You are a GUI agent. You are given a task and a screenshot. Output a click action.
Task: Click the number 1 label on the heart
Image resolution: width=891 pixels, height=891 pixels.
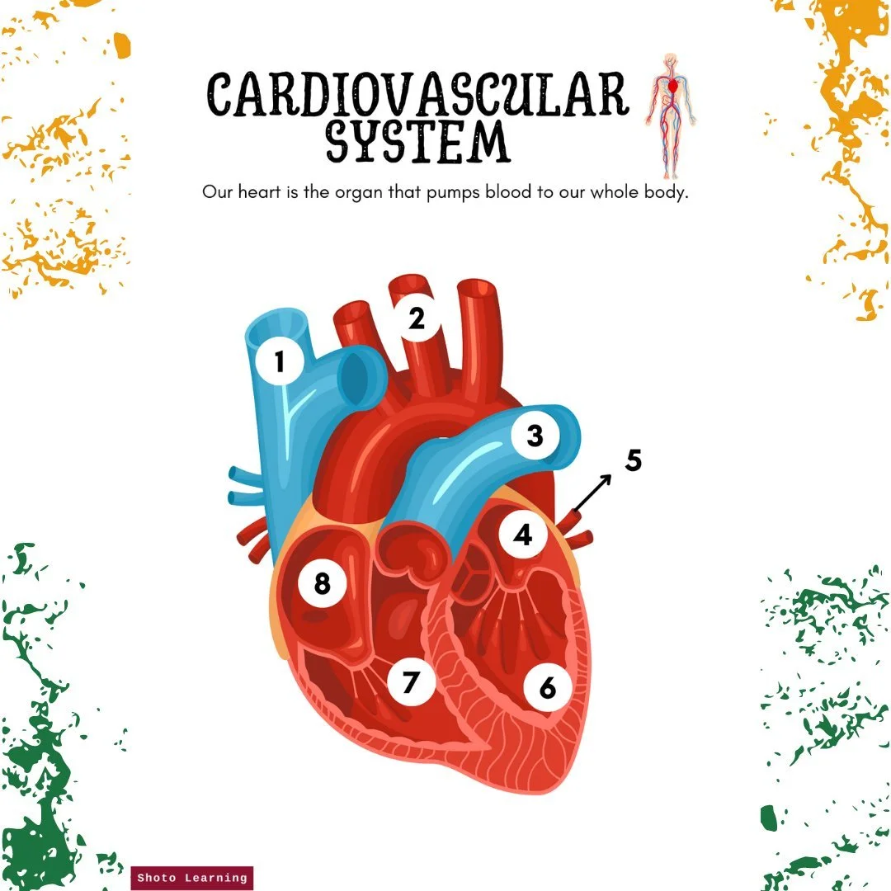(x=279, y=361)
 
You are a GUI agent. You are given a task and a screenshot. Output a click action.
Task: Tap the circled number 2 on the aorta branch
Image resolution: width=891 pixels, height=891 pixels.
(x=417, y=318)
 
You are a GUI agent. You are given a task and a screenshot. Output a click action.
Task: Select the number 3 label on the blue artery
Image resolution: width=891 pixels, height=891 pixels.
(x=535, y=436)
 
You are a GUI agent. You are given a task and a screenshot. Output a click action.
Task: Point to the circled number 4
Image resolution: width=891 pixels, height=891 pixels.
(x=523, y=535)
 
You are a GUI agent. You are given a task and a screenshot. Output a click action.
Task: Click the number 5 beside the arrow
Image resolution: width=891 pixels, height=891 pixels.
(x=634, y=460)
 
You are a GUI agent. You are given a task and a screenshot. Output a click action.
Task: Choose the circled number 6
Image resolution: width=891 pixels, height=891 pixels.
(x=547, y=687)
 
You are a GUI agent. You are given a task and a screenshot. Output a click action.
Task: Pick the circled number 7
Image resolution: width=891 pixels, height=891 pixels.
(x=411, y=682)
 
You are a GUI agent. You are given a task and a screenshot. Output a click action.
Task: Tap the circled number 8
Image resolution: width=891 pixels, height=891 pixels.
(x=323, y=583)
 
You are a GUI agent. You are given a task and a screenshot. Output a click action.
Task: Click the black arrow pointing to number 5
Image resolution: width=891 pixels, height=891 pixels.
(x=592, y=493)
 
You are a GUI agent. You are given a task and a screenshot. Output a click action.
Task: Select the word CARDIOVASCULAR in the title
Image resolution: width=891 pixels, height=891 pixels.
(x=417, y=94)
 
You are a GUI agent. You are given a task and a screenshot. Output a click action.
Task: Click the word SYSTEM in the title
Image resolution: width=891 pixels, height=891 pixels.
(x=417, y=141)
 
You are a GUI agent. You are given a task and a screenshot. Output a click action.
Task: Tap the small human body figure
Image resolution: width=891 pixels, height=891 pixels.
(x=671, y=116)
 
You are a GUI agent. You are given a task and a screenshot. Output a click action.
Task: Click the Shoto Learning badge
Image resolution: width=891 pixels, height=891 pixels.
(x=192, y=878)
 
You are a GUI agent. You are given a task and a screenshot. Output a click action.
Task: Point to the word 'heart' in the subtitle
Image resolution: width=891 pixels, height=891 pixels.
(x=259, y=191)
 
